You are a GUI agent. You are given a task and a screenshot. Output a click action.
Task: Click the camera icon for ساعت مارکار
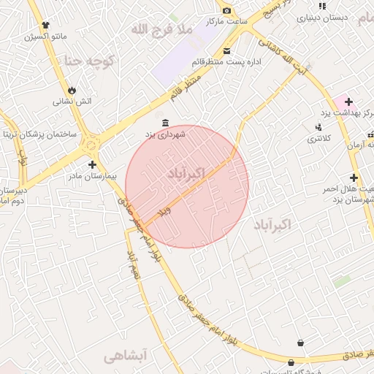(x=226, y=10)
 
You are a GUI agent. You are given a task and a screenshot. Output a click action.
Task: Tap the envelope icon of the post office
(x=227, y=50)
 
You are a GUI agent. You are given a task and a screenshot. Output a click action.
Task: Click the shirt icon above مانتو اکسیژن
(x=48, y=24)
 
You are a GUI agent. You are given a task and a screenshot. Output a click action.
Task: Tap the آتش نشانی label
(x=72, y=101)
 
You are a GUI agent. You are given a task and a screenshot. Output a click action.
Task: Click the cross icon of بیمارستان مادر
(x=92, y=165)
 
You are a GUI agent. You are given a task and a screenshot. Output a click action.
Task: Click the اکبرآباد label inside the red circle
(x=186, y=174)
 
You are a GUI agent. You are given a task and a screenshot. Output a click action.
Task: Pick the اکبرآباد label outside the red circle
(x=272, y=224)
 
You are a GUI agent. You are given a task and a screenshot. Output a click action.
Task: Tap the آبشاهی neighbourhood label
(x=125, y=356)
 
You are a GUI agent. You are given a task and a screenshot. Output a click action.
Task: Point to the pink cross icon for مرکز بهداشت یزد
(x=348, y=102)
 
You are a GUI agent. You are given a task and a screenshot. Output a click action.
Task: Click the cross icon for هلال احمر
(x=354, y=178)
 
